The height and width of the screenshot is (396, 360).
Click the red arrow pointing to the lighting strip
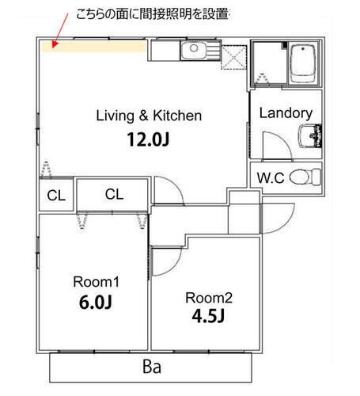pyautogui.click(x=60, y=31)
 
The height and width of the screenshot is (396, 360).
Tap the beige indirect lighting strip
pyautogui.click(x=94, y=47)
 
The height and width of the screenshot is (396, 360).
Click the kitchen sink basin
pyautogui.click(x=194, y=50)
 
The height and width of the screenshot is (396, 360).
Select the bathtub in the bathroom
pyautogui.click(x=303, y=63)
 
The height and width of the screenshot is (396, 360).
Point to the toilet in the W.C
pyautogui.click(x=305, y=177)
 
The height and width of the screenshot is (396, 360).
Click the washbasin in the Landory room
pyautogui.click(x=309, y=136)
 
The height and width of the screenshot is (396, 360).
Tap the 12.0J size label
pyautogui.click(x=148, y=139)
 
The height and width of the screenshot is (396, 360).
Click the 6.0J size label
pyautogui.click(x=96, y=302)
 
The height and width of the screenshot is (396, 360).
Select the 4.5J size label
pyautogui.click(x=208, y=316)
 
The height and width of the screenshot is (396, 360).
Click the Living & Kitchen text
pyautogui.click(x=149, y=116)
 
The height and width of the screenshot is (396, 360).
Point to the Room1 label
pyautogui.click(x=96, y=282)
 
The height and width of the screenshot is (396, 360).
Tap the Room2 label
pyautogui.click(x=209, y=298)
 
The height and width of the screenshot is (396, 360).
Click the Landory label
pyautogui.click(x=286, y=113)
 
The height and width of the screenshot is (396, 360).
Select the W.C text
pyautogui.click(x=271, y=177)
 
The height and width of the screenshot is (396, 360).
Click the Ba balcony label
pyautogui.click(x=152, y=367)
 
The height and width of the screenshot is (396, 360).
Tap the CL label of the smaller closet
pyautogui.click(x=56, y=196)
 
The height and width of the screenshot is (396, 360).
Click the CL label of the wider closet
pyautogui.click(x=114, y=194)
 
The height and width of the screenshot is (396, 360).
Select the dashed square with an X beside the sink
pyautogui.click(x=233, y=57)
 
